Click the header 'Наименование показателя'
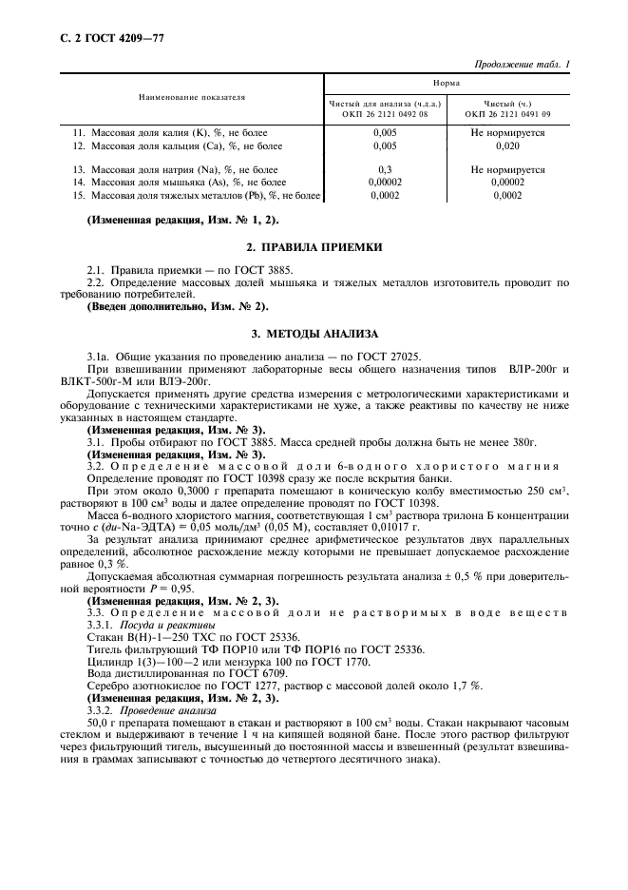coord(191,97)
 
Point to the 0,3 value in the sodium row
coord(386,168)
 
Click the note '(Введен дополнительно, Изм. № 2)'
coord(178,306)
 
